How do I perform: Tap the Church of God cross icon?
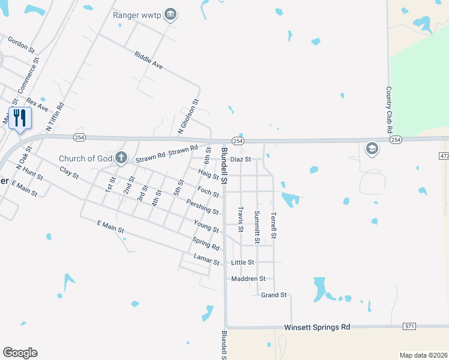[x=121, y=158]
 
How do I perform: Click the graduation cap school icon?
[x=372, y=148]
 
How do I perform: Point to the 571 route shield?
[x=409, y=326]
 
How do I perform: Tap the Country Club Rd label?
[x=389, y=109]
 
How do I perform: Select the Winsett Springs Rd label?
[x=316, y=327]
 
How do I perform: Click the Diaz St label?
[x=240, y=160]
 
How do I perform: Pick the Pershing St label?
[x=202, y=207]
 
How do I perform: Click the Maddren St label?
[x=248, y=279]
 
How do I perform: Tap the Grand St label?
[x=274, y=295]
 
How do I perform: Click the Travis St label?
[x=241, y=220]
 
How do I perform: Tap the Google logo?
[x=20, y=353]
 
